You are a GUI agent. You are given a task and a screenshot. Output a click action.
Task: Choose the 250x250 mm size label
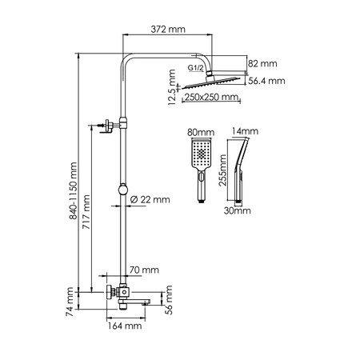(211, 98)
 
